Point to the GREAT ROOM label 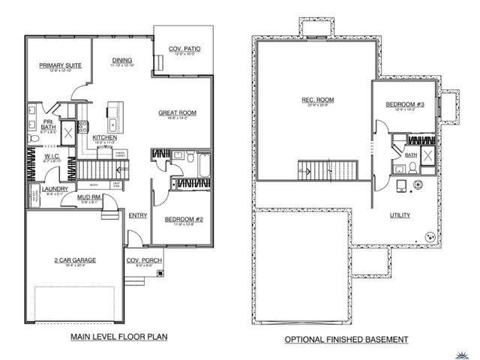[x=177, y=113]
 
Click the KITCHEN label [x=103, y=138]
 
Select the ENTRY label [x=137, y=215]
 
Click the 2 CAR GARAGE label [x=73, y=260]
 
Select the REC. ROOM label [x=318, y=100]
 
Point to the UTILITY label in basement [x=399, y=215]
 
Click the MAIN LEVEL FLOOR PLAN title [x=120, y=339]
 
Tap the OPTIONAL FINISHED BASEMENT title [x=346, y=339]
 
